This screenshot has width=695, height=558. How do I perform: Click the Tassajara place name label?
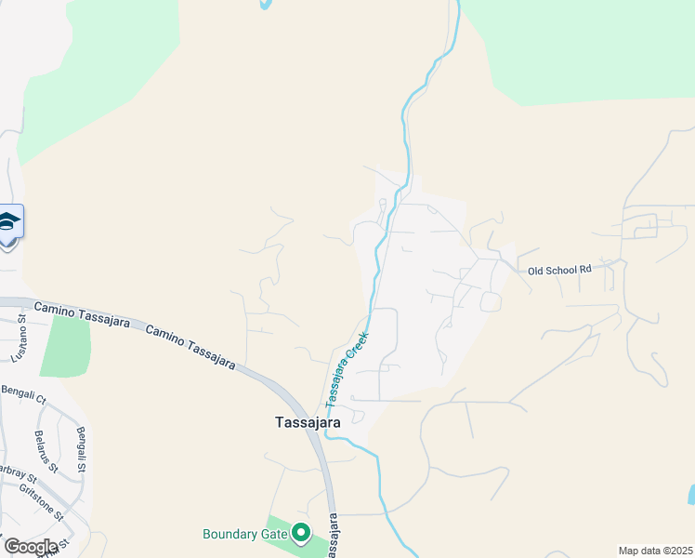tap(308, 421)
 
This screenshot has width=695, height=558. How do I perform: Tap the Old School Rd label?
tap(559, 270)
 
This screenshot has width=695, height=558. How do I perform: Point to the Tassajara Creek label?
tap(346, 367)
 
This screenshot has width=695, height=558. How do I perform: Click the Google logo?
tap(30, 546)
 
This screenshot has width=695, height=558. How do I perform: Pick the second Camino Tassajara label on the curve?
tap(190, 344)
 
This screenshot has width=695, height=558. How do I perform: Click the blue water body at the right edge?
tap(690, 495)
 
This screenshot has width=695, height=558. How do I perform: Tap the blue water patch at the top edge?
tap(266, 4)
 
